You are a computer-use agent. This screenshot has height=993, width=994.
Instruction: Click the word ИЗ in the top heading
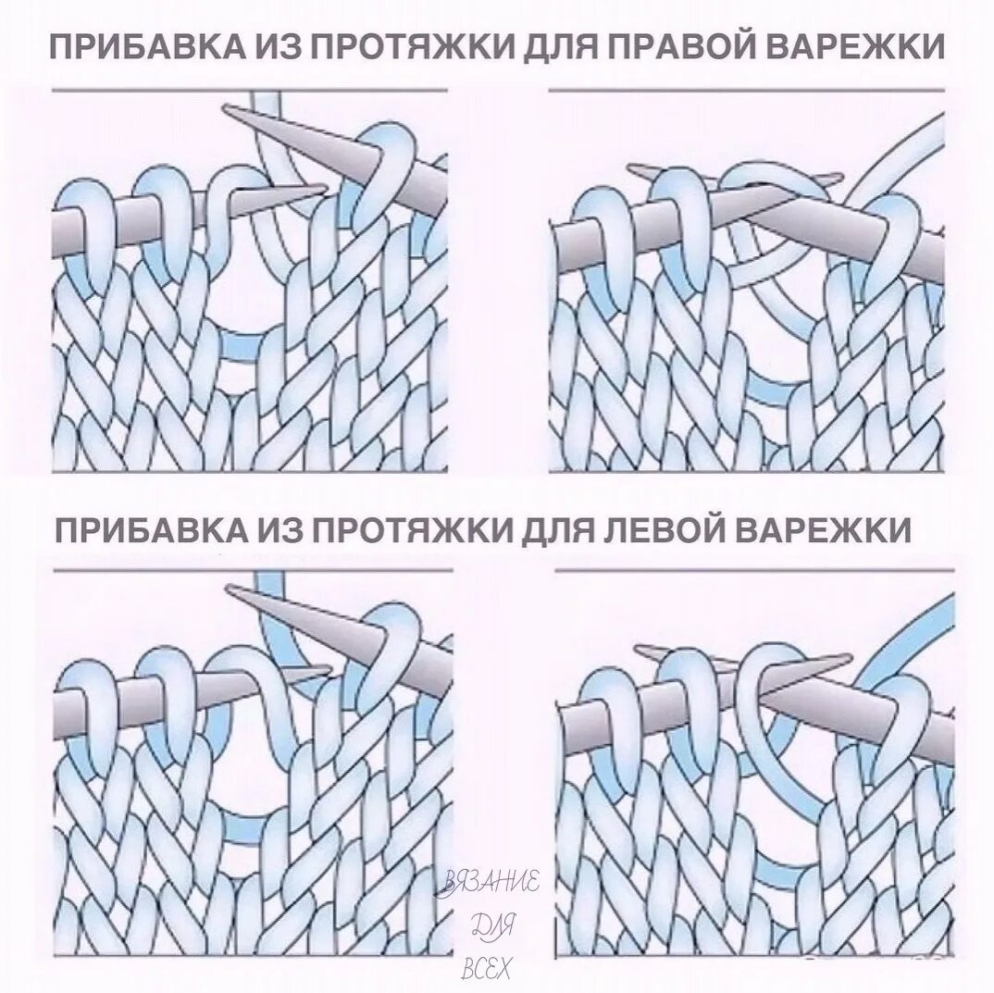(x=292, y=45)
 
